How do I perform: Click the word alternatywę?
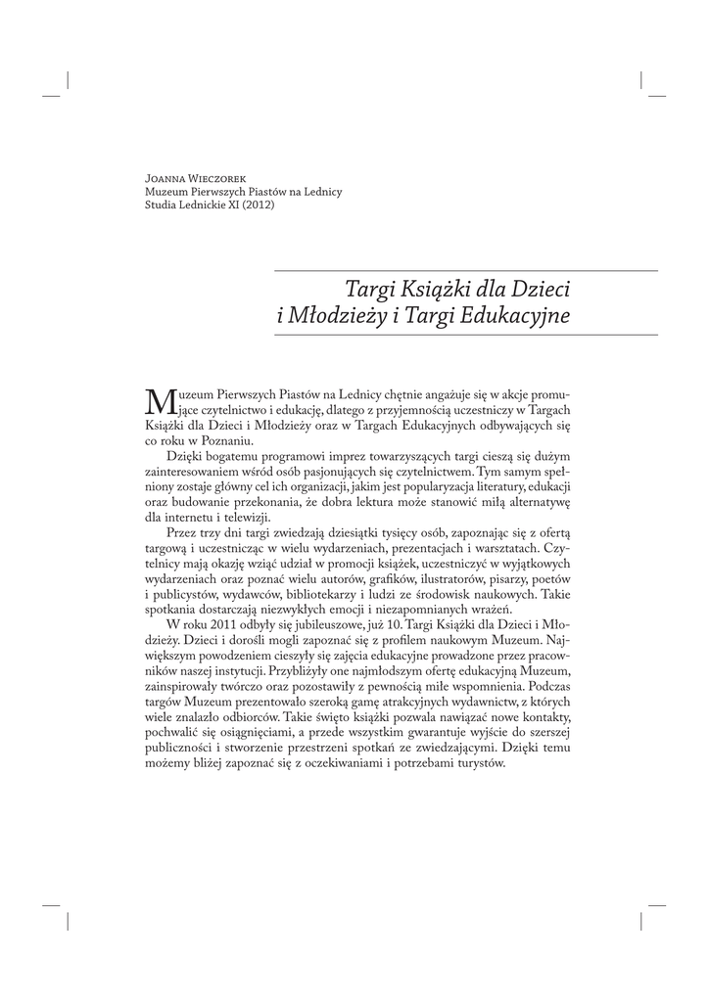coord(536,502)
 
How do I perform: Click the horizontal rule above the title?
coord(465,270)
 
